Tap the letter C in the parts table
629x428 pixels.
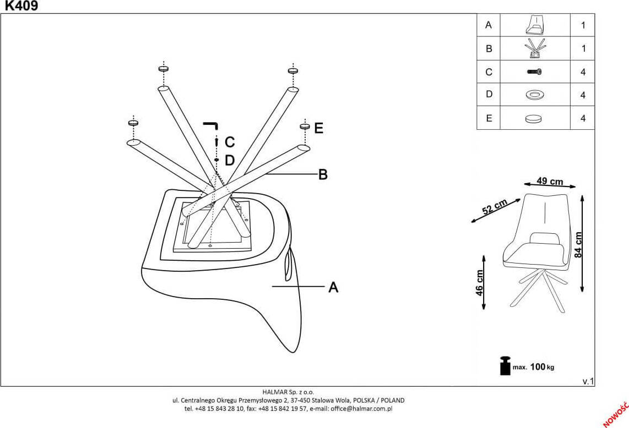point(489,72)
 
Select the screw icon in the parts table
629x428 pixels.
point(535,72)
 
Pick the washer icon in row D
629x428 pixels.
point(535,95)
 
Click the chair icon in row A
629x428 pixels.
point(535,25)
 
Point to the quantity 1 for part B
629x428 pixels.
point(583,49)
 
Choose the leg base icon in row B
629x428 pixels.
point(535,48)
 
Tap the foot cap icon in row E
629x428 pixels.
point(534,118)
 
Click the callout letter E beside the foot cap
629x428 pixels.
point(318,129)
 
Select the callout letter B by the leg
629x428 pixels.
point(323,174)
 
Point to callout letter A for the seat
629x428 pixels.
point(333,287)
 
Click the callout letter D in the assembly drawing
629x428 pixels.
point(230,161)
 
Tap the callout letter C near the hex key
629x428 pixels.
point(230,142)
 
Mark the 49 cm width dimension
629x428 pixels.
point(550,182)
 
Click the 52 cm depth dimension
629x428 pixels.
point(495,207)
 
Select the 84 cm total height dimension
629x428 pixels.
point(578,245)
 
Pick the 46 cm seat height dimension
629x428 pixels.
point(480,283)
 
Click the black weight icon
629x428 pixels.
point(505,366)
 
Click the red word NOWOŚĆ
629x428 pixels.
point(616,414)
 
